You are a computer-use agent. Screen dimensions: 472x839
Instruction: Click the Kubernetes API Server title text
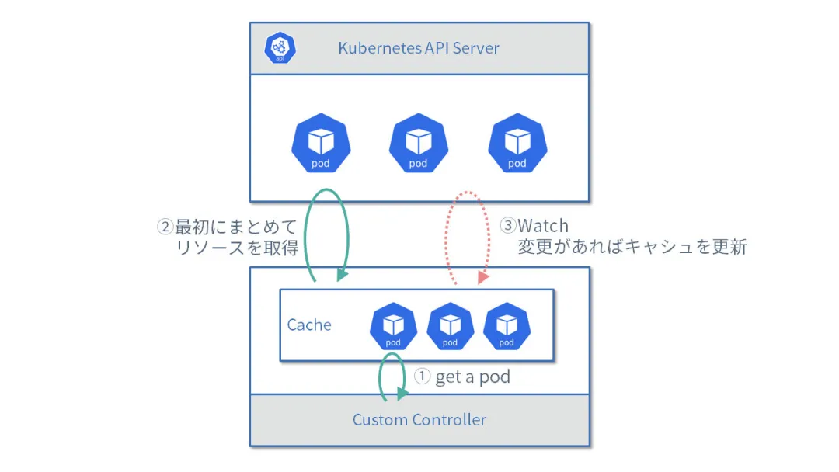pos(418,48)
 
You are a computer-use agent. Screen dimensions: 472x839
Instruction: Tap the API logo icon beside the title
pos(280,48)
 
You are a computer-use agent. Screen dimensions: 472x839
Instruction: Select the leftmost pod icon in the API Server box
pos(321,144)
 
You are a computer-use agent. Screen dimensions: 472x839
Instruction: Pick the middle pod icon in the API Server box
pos(418,144)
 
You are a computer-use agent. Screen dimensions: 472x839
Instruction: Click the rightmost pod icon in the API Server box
pos(517,144)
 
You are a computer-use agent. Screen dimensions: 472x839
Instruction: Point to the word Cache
pos(309,324)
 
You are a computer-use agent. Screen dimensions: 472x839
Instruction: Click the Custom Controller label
pos(419,420)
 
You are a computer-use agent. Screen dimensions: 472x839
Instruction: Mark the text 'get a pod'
pos(472,377)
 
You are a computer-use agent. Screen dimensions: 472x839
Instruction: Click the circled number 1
pos(422,377)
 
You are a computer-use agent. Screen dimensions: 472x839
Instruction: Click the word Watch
pos(543,227)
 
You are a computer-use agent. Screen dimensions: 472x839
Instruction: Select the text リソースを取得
pos(238,248)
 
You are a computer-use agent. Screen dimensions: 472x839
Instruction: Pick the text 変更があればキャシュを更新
pos(632,248)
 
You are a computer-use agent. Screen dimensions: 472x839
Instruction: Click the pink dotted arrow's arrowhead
pos(483,277)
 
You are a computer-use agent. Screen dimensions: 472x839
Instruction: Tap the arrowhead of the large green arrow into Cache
pos(342,276)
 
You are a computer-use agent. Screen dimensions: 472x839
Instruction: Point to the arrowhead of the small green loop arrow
pos(402,394)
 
